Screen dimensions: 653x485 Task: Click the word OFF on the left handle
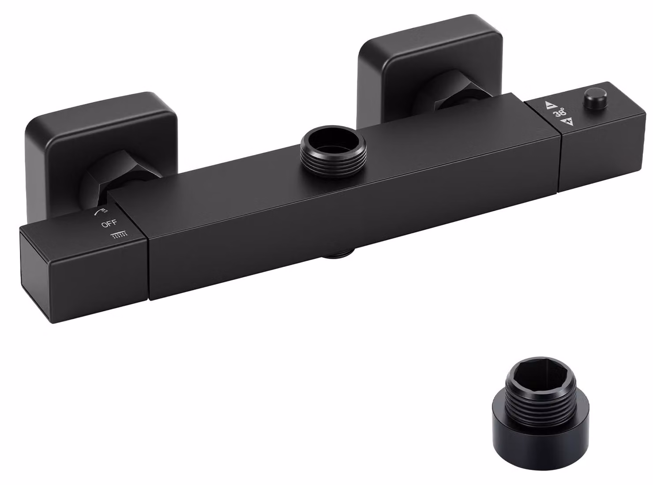[109, 224]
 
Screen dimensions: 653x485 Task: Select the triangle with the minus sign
[551, 105]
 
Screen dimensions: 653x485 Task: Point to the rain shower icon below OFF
[119, 234]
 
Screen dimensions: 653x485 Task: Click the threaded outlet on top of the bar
[333, 152]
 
